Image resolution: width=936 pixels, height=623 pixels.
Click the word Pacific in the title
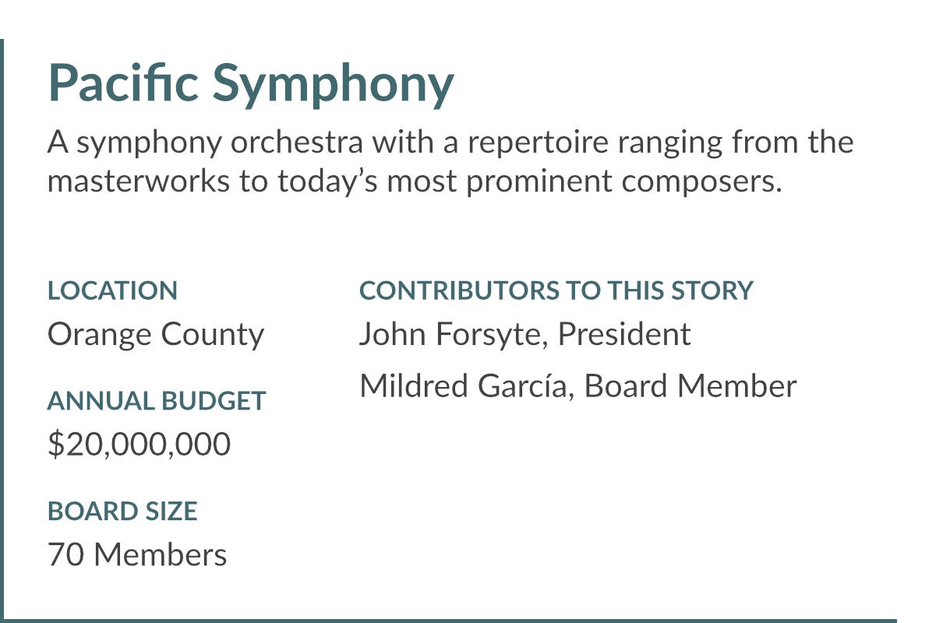[123, 82]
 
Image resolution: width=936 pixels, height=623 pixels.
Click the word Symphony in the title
[333, 86]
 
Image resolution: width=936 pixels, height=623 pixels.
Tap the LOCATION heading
[112, 290]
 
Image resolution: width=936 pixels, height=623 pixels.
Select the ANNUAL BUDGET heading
[157, 400]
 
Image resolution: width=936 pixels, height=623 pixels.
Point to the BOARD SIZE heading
[122, 511]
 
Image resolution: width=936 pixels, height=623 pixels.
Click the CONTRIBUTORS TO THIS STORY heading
[556, 290]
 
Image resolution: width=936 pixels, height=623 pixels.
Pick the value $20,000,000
[140, 444]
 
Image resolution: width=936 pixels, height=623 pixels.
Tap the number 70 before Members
[65, 554]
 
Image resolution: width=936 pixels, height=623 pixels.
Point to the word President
[624, 333]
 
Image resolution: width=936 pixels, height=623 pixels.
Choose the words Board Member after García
[691, 385]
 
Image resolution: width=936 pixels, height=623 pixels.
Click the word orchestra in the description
[297, 142]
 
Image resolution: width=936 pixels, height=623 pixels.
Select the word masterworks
[138, 181]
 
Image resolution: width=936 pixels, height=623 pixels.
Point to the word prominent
[539, 182]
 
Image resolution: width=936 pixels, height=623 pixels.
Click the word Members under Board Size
[161, 554]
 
